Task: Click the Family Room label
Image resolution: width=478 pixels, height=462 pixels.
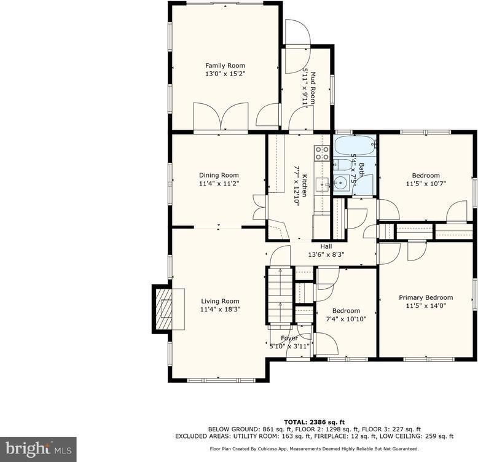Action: [x=225, y=66]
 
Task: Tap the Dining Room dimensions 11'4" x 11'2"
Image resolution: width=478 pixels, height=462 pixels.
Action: [x=219, y=183]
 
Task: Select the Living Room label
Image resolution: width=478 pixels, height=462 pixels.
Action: [x=220, y=301]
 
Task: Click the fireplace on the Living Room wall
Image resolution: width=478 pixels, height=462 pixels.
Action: [x=163, y=308]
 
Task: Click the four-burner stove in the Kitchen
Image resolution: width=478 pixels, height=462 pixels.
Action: [x=322, y=153]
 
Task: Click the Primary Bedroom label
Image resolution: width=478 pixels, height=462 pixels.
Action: [x=426, y=297]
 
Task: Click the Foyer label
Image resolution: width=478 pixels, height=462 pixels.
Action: [x=289, y=339]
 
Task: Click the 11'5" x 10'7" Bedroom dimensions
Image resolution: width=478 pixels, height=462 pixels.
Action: [x=426, y=183]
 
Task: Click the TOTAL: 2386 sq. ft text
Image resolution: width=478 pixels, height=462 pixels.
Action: [x=314, y=420]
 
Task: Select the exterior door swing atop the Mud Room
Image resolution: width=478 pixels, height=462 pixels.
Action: [x=297, y=34]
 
